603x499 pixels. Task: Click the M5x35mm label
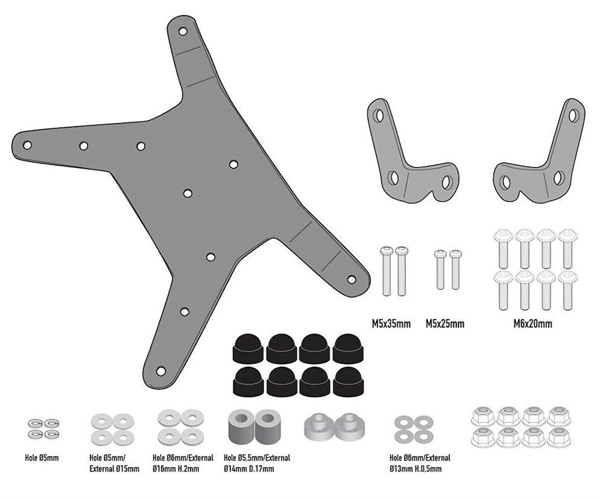click(391, 324)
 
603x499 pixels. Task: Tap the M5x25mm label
click(445, 324)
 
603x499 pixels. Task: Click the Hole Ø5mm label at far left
click(42, 458)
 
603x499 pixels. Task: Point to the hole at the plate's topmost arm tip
click(182, 32)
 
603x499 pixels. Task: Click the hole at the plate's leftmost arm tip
click(28, 145)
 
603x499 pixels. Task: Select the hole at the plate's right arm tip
click(352, 279)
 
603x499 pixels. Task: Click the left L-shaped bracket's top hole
click(379, 115)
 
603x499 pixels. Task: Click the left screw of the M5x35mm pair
click(386, 271)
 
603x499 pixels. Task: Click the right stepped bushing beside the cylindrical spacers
click(347, 425)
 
